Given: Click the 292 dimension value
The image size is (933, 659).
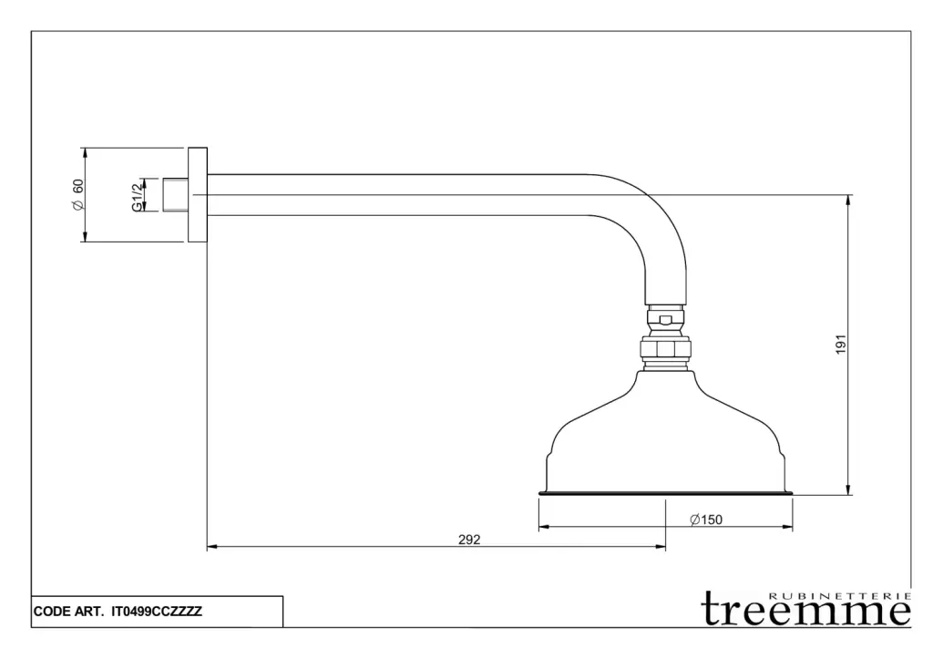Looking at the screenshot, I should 468,540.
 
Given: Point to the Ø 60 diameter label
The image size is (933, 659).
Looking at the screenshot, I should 78,195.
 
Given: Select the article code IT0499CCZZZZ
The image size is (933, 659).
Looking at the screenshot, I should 156,613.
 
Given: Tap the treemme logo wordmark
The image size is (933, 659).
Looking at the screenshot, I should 805,610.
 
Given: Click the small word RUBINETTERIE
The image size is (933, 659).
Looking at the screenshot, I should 839,595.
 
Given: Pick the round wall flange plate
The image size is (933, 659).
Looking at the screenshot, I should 197,195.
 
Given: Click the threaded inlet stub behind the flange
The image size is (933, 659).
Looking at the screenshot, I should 176,195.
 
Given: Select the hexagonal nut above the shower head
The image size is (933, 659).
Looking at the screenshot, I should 665,349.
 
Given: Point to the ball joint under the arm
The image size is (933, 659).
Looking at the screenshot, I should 665,319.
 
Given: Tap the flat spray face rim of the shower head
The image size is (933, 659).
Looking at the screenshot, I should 665,493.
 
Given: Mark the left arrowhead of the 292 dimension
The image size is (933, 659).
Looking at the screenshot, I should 211,547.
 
